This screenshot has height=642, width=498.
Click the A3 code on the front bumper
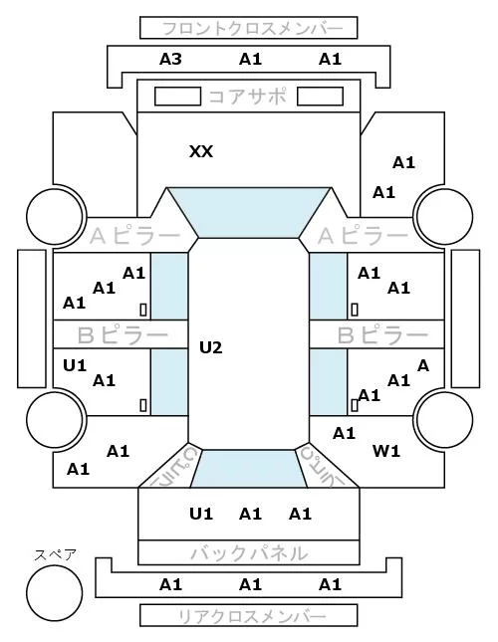point(170,60)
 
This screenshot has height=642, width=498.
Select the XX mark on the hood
point(201,152)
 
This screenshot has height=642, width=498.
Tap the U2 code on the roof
point(211,347)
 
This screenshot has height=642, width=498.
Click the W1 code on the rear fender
point(386,451)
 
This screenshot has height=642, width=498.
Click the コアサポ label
point(248,97)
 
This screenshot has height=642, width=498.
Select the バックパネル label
point(249,553)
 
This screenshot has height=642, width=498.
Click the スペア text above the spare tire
point(56,555)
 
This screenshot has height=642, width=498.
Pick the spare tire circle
point(55,593)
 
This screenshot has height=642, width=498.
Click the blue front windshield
point(249,212)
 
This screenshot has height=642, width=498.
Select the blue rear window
point(249,469)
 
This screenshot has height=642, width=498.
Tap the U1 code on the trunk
point(201,514)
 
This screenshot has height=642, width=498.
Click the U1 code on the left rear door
point(75,365)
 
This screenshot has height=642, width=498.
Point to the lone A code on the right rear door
point(423,365)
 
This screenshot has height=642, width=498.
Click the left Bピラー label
point(123,335)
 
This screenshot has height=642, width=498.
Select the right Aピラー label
point(363,236)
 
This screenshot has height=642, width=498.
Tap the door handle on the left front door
point(143,310)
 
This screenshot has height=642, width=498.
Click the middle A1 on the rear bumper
point(250,584)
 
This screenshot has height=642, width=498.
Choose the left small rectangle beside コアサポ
point(177,97)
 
